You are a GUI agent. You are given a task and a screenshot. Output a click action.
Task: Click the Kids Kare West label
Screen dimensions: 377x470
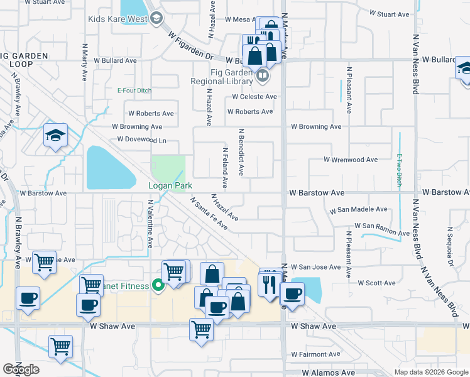[x=117, y=18]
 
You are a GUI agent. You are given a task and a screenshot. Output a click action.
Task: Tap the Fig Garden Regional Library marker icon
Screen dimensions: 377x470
[x=262, y=77]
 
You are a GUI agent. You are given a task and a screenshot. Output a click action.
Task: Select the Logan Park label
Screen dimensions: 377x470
[x=170, y=185]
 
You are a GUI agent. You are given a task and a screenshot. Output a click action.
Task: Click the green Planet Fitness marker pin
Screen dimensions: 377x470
[x=158, y=286]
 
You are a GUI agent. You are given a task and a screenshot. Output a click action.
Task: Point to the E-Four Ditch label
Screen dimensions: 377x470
[x=134, y=90]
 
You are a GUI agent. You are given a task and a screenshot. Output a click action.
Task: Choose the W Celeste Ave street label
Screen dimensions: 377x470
[x=254, y=97]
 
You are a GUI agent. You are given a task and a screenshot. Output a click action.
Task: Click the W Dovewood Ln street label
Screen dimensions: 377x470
[x=141, y=140]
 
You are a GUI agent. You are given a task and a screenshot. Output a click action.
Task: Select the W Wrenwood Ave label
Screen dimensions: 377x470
[x=351, y=160]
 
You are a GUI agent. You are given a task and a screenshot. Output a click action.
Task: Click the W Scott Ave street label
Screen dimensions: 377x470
[x=376, y=283]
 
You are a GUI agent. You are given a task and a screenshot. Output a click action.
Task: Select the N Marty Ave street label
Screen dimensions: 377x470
[x=84, y=62]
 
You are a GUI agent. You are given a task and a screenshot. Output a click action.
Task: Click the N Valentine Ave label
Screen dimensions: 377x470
[x=150, y=224]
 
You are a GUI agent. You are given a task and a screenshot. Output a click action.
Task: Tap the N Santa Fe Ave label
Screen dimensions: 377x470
[x=209, y=214]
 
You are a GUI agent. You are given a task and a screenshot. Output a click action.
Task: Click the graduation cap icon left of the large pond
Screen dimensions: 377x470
[x=55, y=135]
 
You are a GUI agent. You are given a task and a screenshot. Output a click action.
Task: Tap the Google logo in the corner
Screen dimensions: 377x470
[x=21, y=369]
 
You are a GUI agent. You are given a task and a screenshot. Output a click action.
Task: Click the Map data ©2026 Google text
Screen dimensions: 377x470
[x=431, y=372]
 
